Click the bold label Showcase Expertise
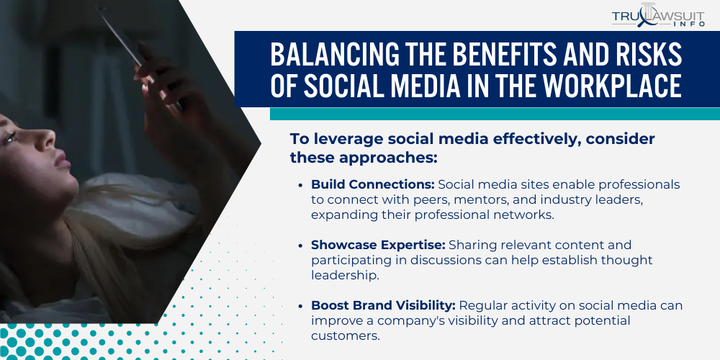369,246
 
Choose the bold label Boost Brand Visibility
382,306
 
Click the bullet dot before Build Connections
300,186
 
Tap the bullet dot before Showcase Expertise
300,246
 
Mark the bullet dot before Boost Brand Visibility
300,307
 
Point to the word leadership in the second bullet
342,274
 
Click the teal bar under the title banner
495,114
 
